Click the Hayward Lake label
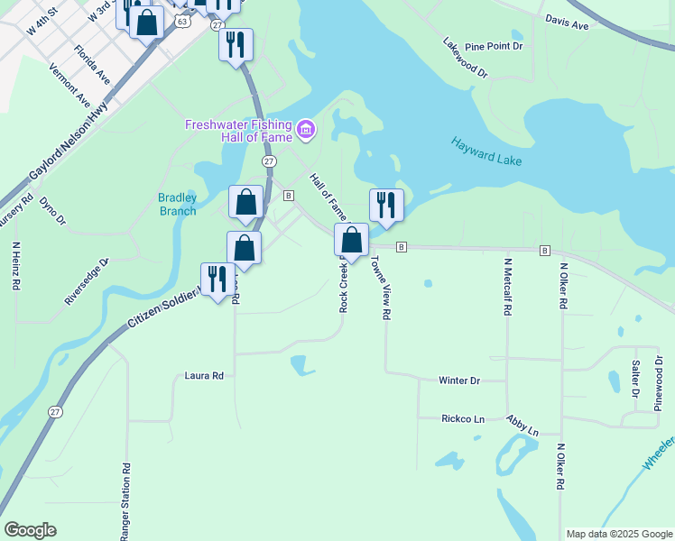[x=486, y=150]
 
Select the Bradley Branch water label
[x=177, y=204]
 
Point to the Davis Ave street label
[x=567, y=23]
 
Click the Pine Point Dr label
[x=494, y=46]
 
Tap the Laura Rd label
[x=203, y=375]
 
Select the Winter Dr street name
[x=458, y=381]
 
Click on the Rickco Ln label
[x=463, y=418]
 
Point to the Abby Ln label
[x=522, y=425]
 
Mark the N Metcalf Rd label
[x=508, y=286]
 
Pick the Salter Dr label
[x=635, y=380]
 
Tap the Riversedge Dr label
[x=87, y=280]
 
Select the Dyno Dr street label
[x=53, y=211]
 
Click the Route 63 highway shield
[x=184, y=20]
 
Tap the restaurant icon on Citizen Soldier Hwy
[x=217, y=279]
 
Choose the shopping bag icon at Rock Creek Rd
[x=352, y=240]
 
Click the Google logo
[x=30, y=530]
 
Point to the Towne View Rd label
[x=379, y=287]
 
